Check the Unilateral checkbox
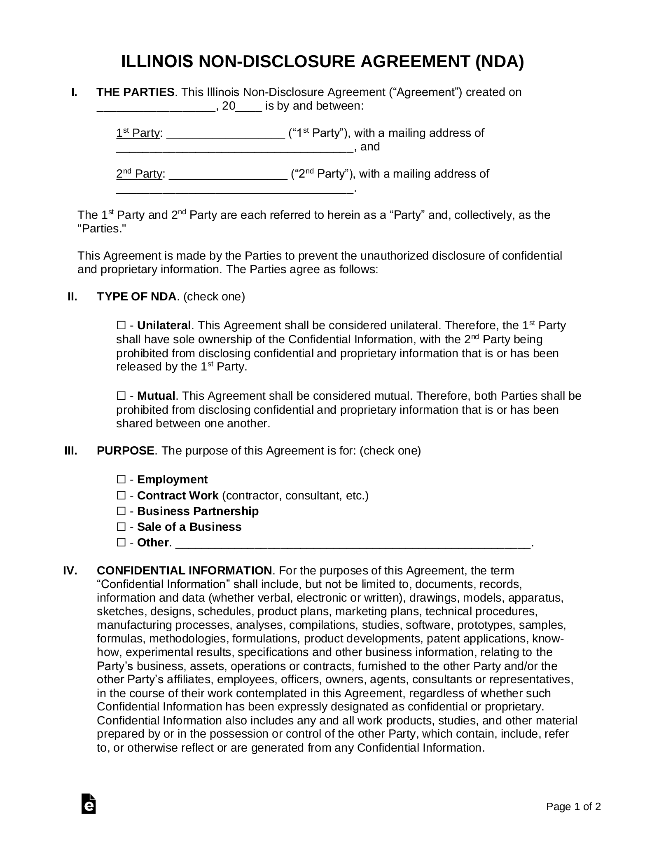point(121,326)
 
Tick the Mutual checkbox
point(121,396)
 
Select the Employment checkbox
point(121,479)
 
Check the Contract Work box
point(121,495)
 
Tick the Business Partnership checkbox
point(121,511)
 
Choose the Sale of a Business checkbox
point(121,527)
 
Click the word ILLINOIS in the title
point(157,62)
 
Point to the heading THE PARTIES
point(136,92)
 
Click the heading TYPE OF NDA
point(136,297)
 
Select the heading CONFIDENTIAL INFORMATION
point(184,571)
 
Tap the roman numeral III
point(71,451)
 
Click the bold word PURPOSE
point(126,451)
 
